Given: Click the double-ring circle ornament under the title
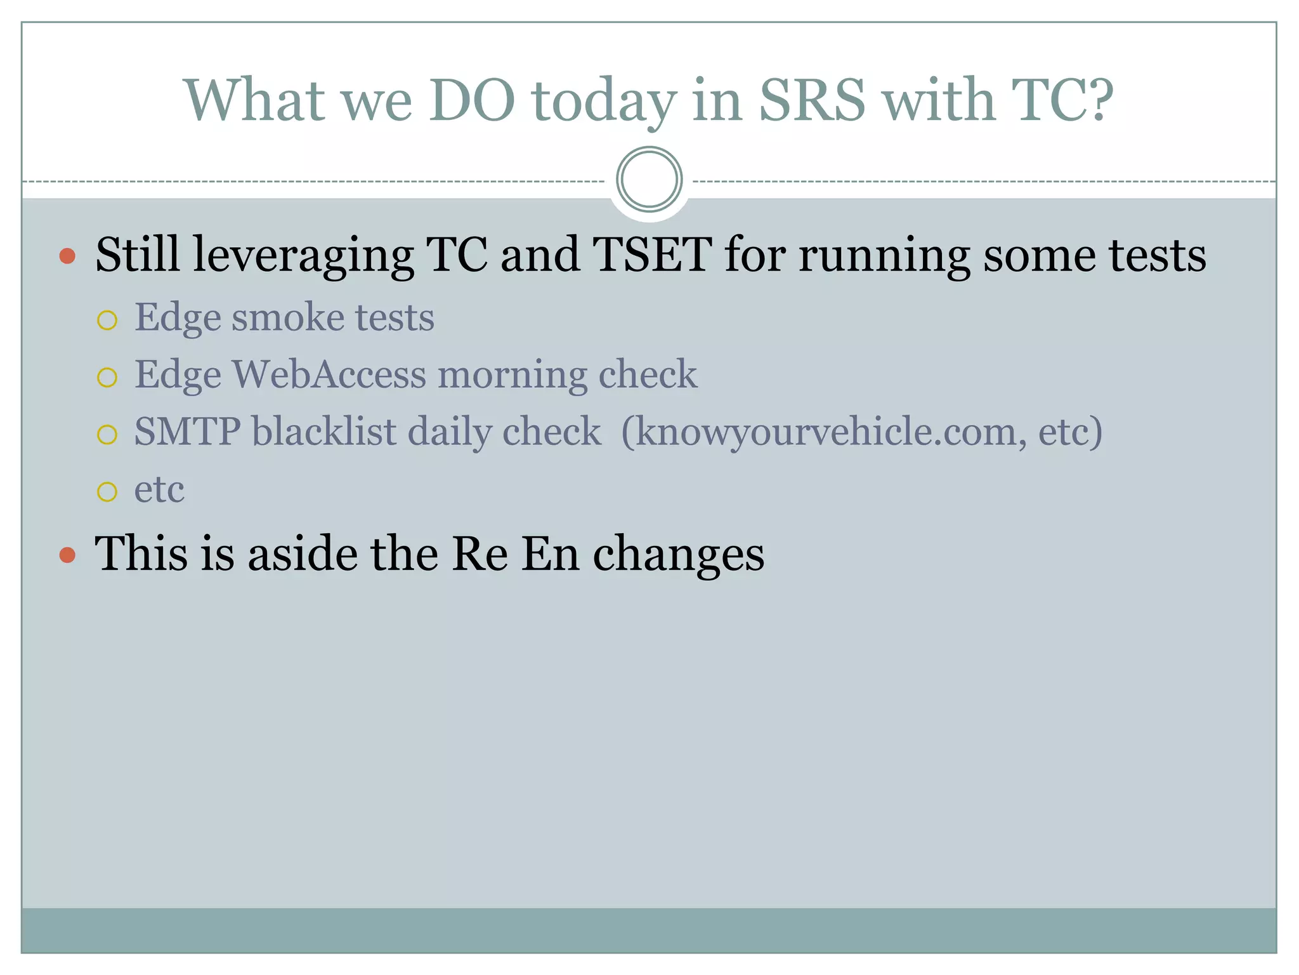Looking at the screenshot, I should (649, 180).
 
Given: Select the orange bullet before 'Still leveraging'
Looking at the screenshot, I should (67, 256).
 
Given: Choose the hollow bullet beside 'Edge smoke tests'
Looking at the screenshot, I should (107, 321).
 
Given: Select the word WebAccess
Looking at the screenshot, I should (329, 374).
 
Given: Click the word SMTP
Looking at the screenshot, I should (187, 432).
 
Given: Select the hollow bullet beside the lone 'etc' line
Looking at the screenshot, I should (107, 491).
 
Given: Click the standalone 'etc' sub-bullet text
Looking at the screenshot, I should (159, 489).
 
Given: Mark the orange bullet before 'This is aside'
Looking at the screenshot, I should (67, 555).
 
